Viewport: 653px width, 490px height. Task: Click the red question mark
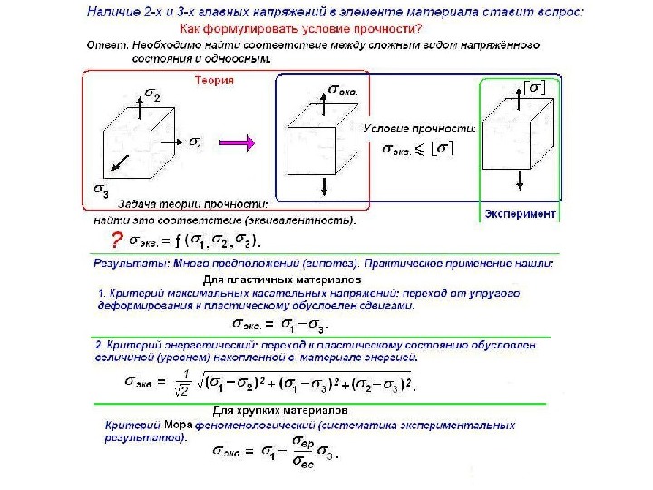pyautogui.click(x=115, y=241)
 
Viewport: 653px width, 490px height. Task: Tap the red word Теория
pyautogui.click(x=216, y=80)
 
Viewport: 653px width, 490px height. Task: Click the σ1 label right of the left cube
pyautogui.click(x=195, y=142)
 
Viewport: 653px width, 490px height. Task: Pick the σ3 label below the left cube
pyautogui.click(x=102, y=191)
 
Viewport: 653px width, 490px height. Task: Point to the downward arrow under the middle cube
pyautogui.click(x=325, y=186)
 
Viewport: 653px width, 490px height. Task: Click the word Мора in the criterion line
pyautogui.click(x=179, y=424)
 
